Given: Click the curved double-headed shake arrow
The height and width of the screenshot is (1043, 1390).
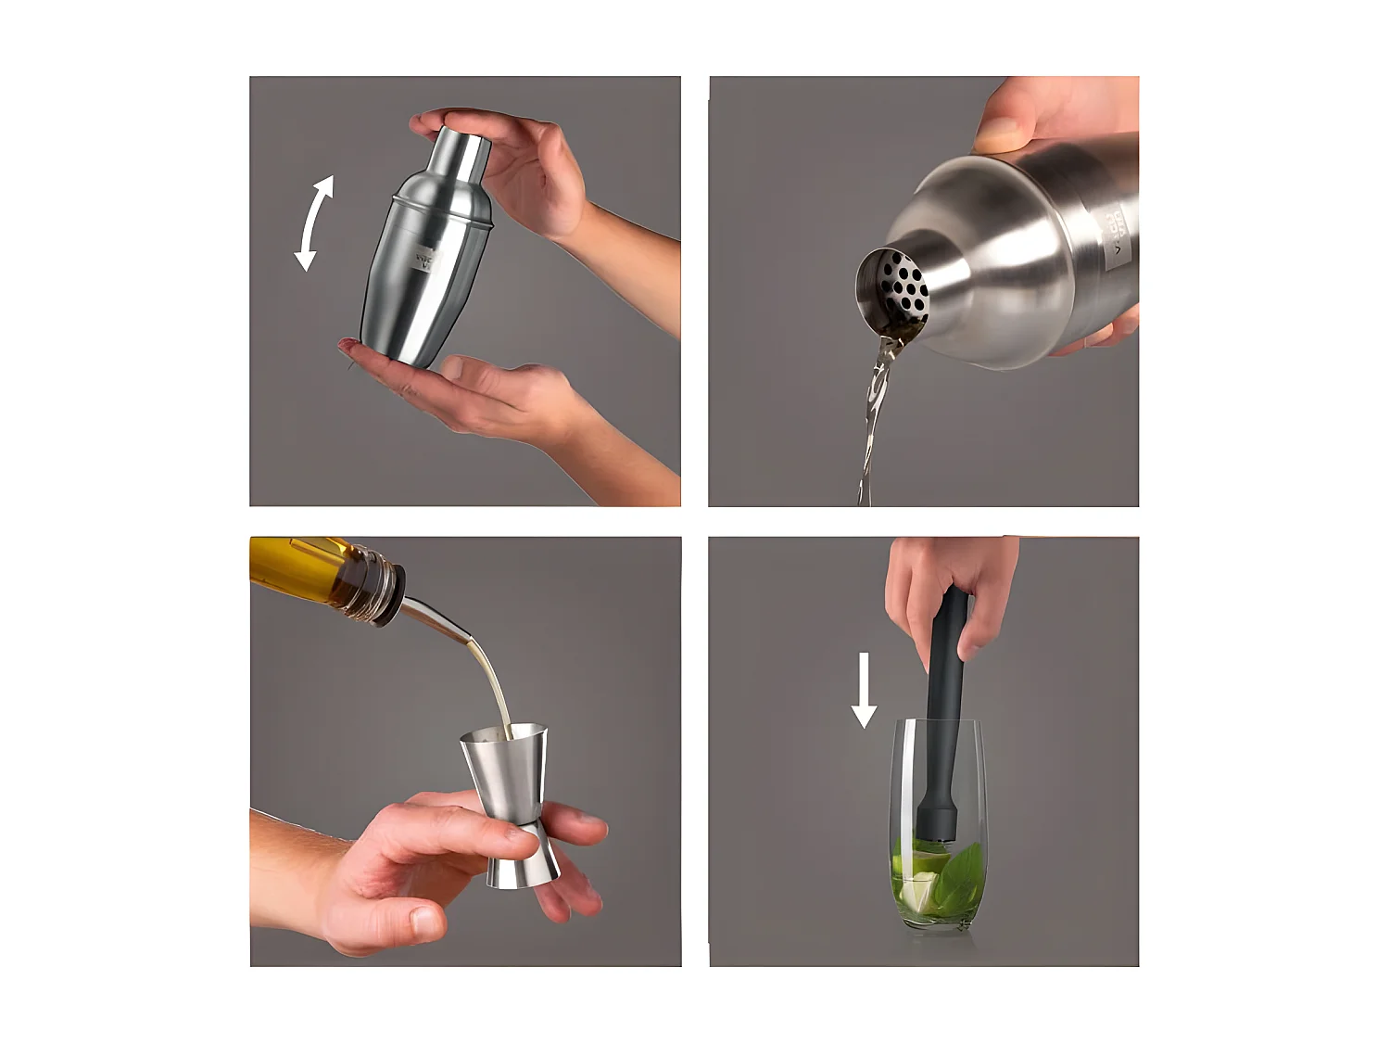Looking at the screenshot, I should (313, 223).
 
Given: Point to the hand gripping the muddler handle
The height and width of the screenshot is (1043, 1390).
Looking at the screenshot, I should (945, 584).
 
